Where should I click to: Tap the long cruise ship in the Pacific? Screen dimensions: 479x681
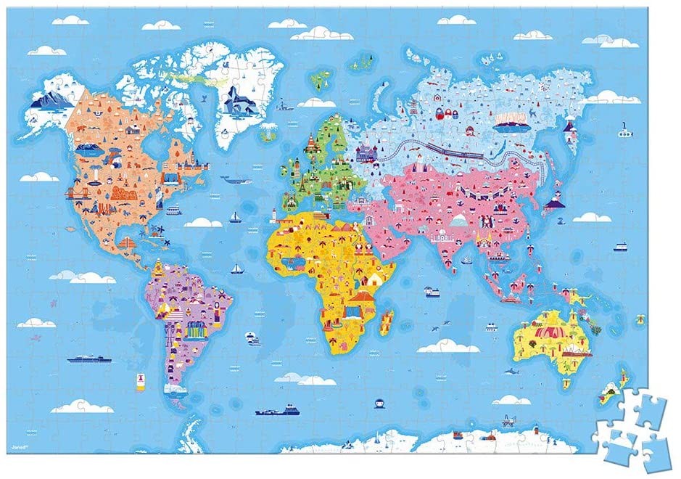89,359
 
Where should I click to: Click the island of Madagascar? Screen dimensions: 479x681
387,321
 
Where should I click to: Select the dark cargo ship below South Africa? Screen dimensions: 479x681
276,411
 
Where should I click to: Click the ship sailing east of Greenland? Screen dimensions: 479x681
287,109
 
